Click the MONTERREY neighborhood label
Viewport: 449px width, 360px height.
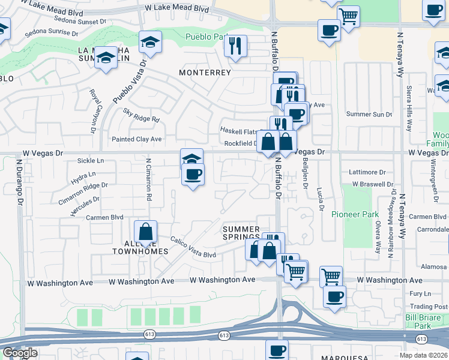(x=205, y=72)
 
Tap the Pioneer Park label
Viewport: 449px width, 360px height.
(x=362, y=214)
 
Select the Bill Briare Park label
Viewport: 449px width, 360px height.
(x=427, y=321)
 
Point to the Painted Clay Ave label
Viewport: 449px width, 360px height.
(x=137, y=139)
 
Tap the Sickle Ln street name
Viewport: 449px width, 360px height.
(x=91, y=161)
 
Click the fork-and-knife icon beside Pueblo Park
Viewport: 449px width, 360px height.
(x=236, y=45)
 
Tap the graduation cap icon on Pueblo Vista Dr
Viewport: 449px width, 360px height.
(x=150, y=42)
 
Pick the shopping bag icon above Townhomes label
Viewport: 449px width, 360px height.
(x=145, y=231)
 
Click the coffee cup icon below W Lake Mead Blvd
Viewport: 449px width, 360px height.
(x=329, y=29)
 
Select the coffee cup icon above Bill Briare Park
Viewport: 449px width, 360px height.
(x=334, y=295)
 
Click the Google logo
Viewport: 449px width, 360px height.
(x=20, y=353)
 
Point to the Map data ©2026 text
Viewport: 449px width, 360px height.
(x=423, y=355)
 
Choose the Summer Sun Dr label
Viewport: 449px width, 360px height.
(x=369, y=114)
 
